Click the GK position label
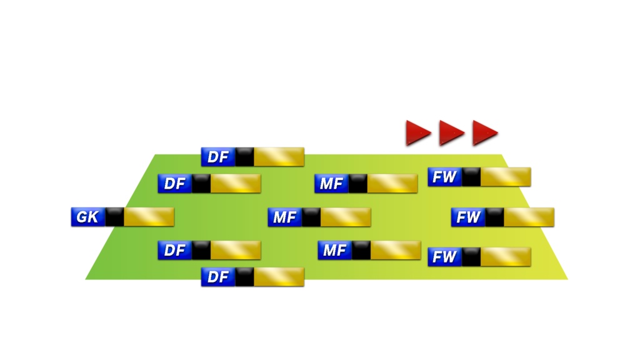(x=87, y=217)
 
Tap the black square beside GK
(x=114, y=217)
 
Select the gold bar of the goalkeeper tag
(x=149, y=217)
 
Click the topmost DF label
(x=218, y=157)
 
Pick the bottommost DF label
(x=218, y=277)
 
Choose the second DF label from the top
(x=175, y=184)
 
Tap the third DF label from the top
(x=175, y=250)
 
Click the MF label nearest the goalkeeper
(x=285, y=217)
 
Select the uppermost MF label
(x=331, y=184)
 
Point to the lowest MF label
(x=334, y=250)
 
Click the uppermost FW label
(x=444, y=177)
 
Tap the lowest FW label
(x=444, y=256)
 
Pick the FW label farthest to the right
(x=468, y=217)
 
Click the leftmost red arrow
(x=417, y=132)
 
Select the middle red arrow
(x=451, y=132)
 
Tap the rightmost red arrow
(x=484, y=132)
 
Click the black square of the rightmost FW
(x=494, y=217)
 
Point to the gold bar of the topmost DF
(x=279, y=157)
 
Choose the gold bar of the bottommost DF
(x=279, y=277)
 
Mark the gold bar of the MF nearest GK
(x=346, y=217)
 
